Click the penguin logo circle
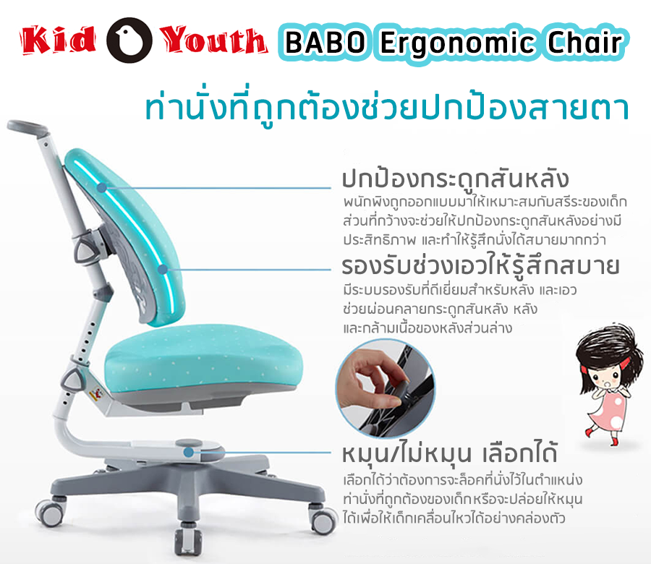[129, 40]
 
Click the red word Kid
[59, 40]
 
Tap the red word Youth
[213, 40]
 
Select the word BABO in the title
[325, 43]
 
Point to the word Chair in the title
[585, 42]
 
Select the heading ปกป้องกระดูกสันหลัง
[454, 179]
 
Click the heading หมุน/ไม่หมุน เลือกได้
[448, 453]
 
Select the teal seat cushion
[203, 362]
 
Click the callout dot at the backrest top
[102, 188]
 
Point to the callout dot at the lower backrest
[163, 270]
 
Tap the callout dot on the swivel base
[189, 452]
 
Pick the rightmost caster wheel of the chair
[323, 518]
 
